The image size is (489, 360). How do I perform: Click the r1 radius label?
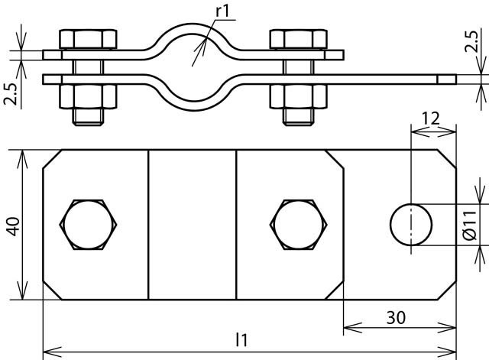tap(222, 11)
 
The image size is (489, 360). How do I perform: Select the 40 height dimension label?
tap(14, 226)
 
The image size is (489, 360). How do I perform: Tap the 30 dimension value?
tap(396, 317)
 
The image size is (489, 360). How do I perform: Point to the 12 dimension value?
tap(431, 118)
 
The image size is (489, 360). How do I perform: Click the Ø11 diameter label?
tap(470, 225)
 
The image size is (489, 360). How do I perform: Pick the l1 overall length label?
tap(241, 339)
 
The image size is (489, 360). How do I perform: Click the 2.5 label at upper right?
tap(471, 41)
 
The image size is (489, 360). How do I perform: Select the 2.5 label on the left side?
tap(11, 93)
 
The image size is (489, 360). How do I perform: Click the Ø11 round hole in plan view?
tap(411, 225)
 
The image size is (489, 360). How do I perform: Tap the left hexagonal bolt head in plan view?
tap(89, 225)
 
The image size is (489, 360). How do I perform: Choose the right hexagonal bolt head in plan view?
tap(299, 225)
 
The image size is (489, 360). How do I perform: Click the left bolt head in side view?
tap(88, 39)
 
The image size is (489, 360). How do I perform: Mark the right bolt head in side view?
tap(299, 39)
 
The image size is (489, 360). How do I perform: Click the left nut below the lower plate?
tap(88, 96)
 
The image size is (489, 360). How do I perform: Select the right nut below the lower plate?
tap(299, 96)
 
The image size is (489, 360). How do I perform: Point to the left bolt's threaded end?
tap(88, 117)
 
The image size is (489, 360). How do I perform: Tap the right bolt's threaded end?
tap(299, 117)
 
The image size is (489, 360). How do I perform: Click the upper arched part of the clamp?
tap(193, 28)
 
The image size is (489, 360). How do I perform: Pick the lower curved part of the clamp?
tap(193, 105)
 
